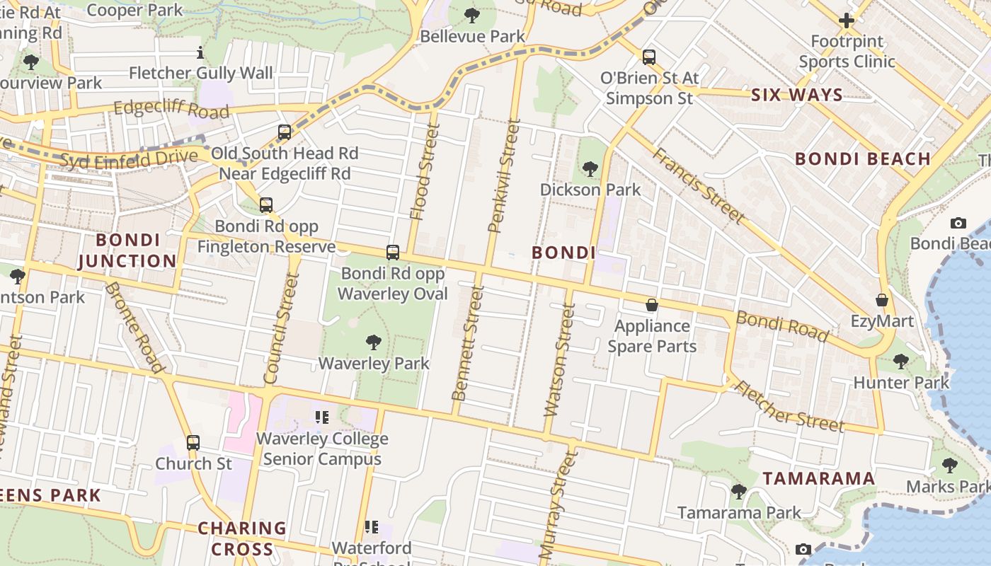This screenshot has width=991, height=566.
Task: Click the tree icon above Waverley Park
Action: pos(374,343)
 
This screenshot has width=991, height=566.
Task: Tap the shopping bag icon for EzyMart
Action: pos(882,301)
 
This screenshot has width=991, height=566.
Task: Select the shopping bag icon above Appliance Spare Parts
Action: pos(651,305)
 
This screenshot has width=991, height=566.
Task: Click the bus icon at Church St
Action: pos(193,443)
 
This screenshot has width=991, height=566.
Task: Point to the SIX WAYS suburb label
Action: pos(796,95)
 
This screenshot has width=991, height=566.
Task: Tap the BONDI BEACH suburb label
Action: pos(862,158)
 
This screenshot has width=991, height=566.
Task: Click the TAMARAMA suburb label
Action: pos(818,478)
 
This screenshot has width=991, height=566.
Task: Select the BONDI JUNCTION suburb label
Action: pos(127,250)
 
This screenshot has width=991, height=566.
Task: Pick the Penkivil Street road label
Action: pos(505,175)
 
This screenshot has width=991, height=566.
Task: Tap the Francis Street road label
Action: pos(698,185)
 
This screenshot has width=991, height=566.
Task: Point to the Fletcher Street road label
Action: pos(789,406)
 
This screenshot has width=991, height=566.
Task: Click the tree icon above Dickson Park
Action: pos(590,169)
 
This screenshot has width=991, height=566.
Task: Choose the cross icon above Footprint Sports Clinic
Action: pos(847,21)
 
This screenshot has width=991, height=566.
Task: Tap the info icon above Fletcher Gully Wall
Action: pos(200,52)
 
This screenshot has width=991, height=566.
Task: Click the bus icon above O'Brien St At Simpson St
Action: pos(649,57)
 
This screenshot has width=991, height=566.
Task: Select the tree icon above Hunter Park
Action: pos(900,362)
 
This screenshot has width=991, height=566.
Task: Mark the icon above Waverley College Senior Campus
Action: pos(322,417)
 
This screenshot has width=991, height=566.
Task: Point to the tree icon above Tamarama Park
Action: pos(738,491)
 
